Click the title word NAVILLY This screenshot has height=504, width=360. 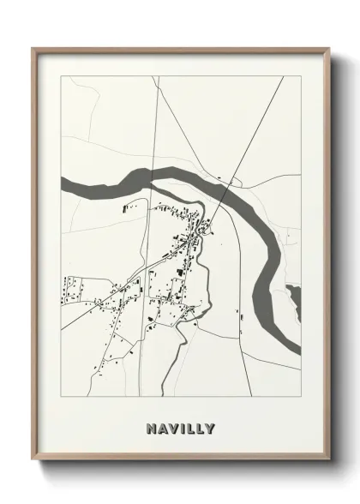click(x=180, y=428)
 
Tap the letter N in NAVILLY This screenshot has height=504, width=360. click(x=151, y=428)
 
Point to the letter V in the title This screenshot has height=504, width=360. click(x=171, y=428)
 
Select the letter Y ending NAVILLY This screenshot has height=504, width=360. click(x=210, y=428)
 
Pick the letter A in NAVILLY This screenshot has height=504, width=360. click(x=161, y=428)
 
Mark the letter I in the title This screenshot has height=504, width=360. click(x=181, y=428)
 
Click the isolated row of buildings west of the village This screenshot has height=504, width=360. click(x=129, y=207)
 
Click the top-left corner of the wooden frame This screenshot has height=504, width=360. click(x=33, y=48)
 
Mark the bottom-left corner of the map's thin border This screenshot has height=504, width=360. click(x=61, y=396)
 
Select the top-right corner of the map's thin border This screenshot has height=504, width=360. click(x=301, y=76)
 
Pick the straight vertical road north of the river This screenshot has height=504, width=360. click(x=155, y=129)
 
